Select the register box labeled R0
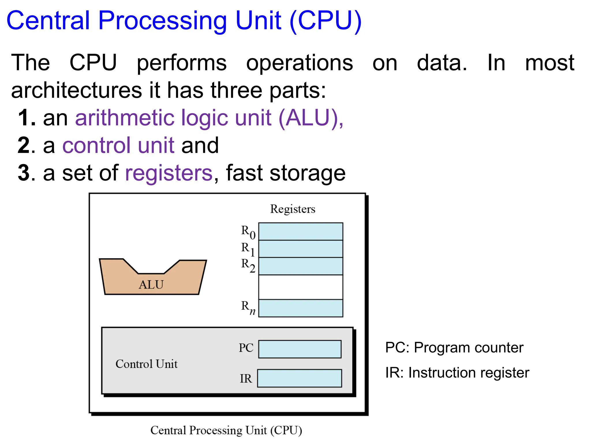coord(300,231)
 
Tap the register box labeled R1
coord(300,249)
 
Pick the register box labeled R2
coord(300,266)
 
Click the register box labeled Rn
coord(300,308)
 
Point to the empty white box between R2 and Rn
coord(300,287)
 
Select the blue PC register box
coord(300,349)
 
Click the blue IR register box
coord(299,378)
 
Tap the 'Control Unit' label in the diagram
coord(146,364)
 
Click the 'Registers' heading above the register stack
coord(292,209)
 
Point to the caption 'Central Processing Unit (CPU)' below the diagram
coord(226,430)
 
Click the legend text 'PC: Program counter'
coord(454,348)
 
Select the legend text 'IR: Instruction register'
coord(457,373)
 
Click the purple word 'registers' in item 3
coord(169,173)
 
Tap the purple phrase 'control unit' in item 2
coord(118,145)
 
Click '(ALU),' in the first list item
coord(311,118)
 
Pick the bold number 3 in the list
coord(24,173)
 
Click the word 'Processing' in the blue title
coord(163,21)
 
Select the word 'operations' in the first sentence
coord(299,63)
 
